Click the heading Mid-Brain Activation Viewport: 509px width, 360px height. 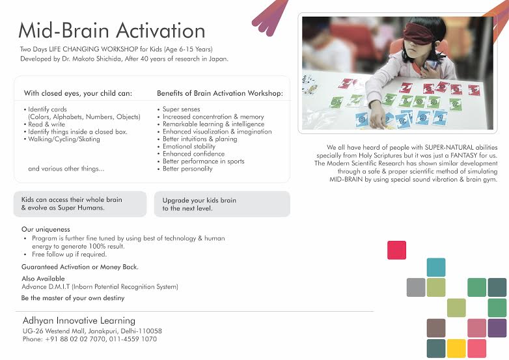[x=111, y=30]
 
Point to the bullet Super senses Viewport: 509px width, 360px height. [x=181, y=109]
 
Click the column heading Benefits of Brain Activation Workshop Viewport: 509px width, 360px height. [x=221, y=93]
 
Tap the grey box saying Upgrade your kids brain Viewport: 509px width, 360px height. [x=221, y=204]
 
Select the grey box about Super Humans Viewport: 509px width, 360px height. [x=79, y=204]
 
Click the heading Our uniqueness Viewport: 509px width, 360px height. [x=46, y=230]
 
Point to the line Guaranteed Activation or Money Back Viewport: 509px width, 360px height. [x=80, y=267]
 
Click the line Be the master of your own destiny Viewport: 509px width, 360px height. [x=73, y=298]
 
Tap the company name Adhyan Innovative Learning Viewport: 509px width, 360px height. [x=79, y=321]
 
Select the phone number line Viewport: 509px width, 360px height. [x=89, y=339]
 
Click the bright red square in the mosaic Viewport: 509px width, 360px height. [x=396, y=250]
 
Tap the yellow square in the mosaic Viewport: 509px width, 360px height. [x=456, y=348]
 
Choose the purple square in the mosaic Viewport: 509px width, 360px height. [x=497, y=327]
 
